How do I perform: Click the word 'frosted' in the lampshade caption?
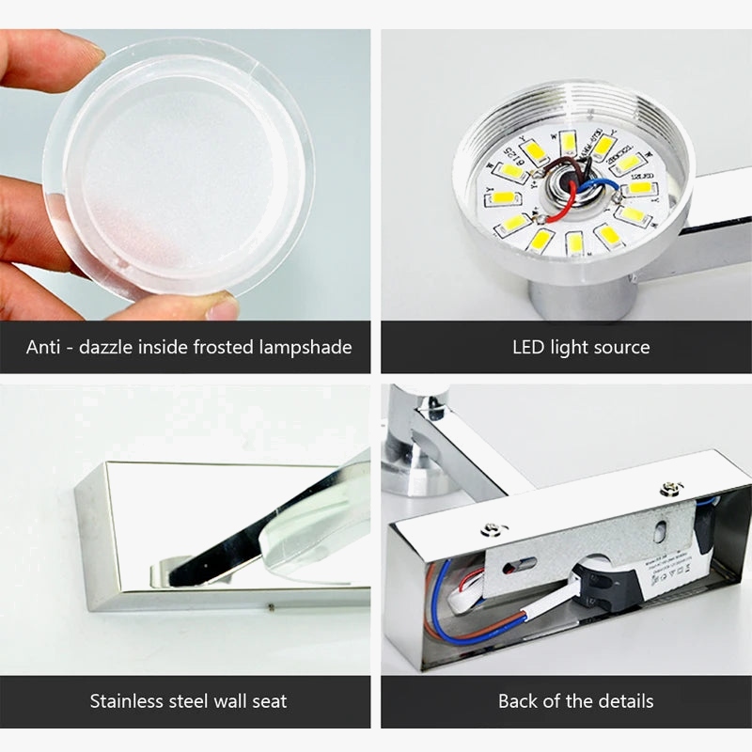pyautogui.click(x=230, y=347)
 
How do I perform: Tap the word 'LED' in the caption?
pyautogui.click(x=528, y=347)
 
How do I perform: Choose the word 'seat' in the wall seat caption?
pyautogui.click(x=267, y=700)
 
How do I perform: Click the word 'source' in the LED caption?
pyautogui.click(x=620, y=347)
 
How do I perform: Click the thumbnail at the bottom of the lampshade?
pyautogui.click(x=222, y=305)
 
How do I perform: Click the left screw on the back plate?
pyautogui.click(x=489, y=531)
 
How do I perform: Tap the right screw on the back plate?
pyautogui.click(x=670, y=488)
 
